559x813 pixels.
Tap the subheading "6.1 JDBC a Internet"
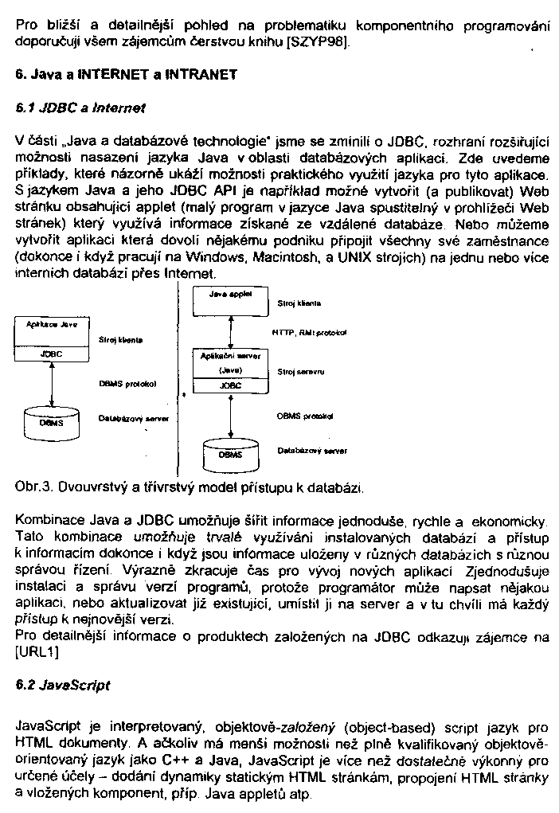coord(81,106)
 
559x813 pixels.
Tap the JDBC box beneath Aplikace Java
coord(51,354)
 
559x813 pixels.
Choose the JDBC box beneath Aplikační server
coord(229,385)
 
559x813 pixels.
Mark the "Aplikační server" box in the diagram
coord(229,363)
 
